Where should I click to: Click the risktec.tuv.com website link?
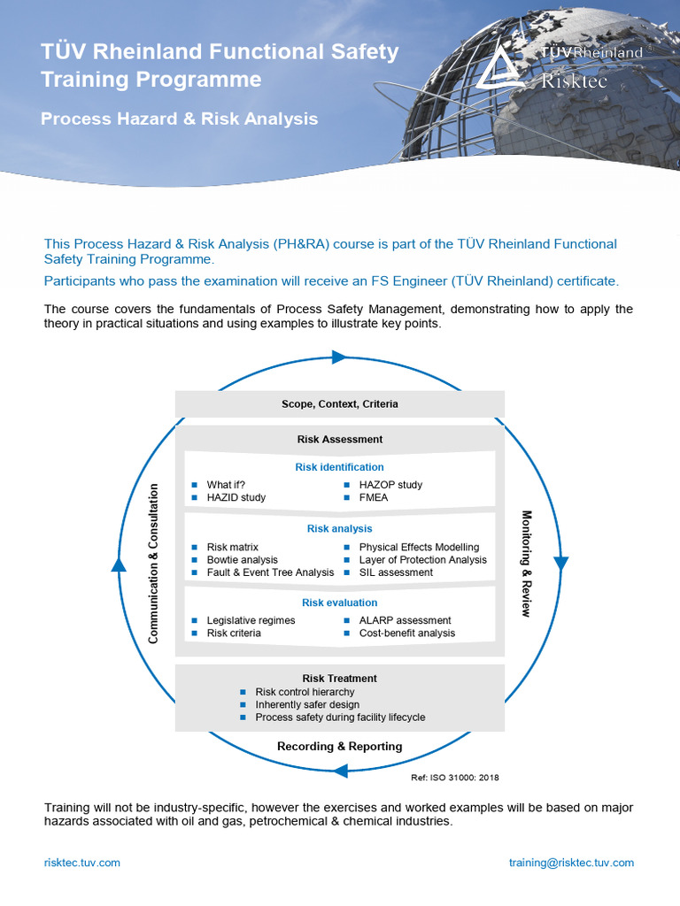point(82,863)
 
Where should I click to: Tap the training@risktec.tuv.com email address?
point(571,863)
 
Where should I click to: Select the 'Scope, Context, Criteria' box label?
point(340,404)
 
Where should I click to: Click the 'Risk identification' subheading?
point(340,467)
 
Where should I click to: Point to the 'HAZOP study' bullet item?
point(390,485)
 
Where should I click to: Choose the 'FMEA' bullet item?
point(374,497)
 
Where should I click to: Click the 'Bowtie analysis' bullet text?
point(242,560)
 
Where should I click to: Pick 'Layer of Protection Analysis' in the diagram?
point(422,560)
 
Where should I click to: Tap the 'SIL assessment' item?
point(396,572)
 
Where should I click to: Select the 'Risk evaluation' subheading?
point(340,603)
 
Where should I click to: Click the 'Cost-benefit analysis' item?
point(406,633)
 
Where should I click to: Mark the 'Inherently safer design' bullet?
point(306,704)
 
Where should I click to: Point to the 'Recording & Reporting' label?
point(340,747)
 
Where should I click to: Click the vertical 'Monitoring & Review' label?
point(526,564)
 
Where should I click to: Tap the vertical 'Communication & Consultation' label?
point(154,563)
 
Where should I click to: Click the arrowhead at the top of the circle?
point(338,357)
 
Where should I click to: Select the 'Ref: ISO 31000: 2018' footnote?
point(455,778)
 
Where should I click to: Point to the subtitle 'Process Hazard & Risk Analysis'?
point(179,119)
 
